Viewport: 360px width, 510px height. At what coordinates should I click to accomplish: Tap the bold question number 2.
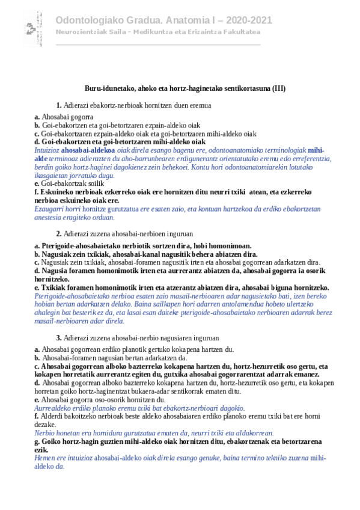point(59,233)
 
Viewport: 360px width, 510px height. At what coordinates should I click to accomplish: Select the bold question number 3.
point(59,338)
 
